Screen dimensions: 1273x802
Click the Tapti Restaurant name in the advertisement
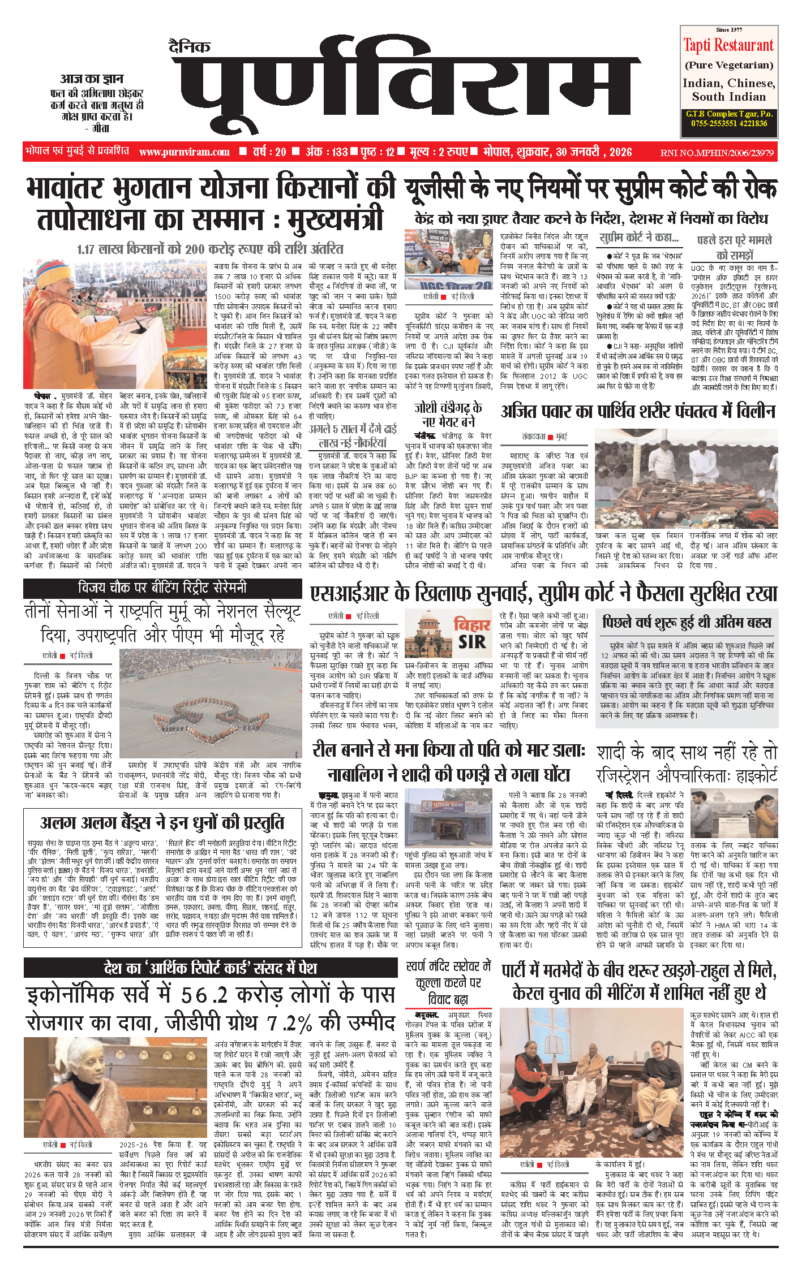tap(728, 45)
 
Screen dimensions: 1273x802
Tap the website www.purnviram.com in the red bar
tap(185, 152)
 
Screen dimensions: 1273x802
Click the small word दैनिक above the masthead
tap(190, 46)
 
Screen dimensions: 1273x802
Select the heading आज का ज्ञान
tap(92, 79)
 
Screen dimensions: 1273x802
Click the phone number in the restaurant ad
tap(728, 123)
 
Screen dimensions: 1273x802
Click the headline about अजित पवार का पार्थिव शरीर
tap(638, 412)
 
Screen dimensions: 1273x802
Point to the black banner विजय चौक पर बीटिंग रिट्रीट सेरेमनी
tap(162, 588)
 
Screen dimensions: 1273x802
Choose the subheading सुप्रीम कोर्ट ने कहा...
tap(639, 238)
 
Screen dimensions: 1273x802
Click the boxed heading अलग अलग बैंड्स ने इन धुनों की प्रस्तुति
tap(162, 823)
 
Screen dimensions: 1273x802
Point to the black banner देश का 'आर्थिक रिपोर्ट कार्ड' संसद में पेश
tap(211, 968)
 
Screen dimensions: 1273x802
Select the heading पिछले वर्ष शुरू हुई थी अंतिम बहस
tap(687, 623)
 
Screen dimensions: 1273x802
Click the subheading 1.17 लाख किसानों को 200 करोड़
tap(211, 249)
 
